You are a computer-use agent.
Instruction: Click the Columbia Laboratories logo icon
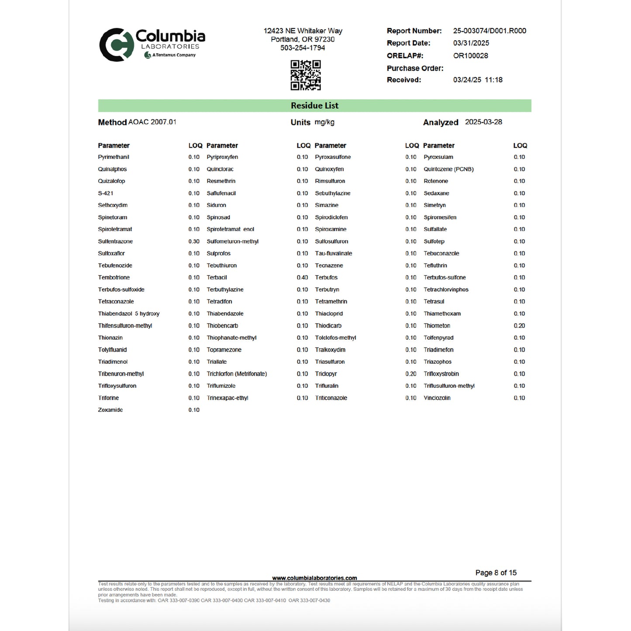click(116, 45)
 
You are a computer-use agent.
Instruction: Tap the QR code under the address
click(306, 75)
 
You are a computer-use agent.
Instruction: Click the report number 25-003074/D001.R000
click(490, 31)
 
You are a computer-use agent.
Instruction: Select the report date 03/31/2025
click(471, 43)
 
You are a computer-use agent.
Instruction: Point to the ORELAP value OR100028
click(471, 56)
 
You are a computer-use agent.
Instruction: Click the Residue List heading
click(314, 106)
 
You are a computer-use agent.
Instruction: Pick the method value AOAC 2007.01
click(152, 122)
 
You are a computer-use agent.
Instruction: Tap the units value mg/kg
click(324, 122)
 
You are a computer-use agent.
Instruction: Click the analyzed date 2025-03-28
click(483, 122)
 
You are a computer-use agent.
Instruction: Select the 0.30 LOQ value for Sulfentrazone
click(194, 241)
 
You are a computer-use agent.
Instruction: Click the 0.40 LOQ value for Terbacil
click(302, 278)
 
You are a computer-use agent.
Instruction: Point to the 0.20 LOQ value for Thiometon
click(519, 326)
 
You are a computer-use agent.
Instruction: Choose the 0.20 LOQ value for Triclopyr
click(410, 374)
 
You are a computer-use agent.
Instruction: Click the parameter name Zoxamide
click(110, 410)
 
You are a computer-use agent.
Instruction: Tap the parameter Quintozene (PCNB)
click(448, 169)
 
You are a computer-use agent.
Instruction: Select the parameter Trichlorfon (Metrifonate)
click(237, 374)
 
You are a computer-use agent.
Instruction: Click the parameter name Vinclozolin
click(437, 398)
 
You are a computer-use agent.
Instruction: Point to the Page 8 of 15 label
click(496, 572)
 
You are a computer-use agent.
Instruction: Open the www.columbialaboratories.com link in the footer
click(314, 578)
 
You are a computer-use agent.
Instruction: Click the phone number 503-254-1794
click(303, 48)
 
